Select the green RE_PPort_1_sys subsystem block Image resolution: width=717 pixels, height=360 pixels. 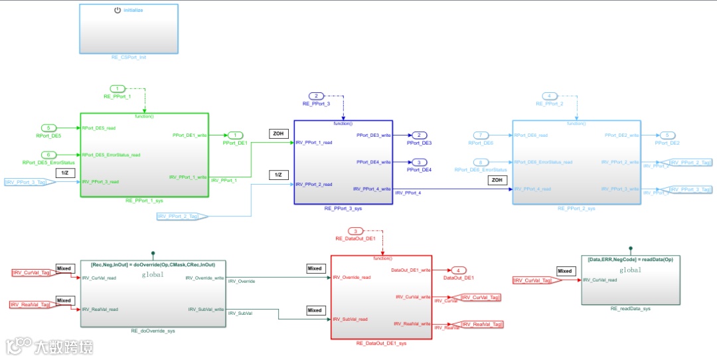144,155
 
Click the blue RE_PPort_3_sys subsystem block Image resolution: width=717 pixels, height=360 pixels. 343,162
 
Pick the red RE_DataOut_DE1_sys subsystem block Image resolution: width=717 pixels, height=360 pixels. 381,297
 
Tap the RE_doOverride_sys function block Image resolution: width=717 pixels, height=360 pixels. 153,294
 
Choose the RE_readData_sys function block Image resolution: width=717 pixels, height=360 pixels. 630,280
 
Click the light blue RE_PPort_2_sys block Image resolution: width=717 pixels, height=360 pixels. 576,162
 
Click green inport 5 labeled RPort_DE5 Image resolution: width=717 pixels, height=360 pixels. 48,128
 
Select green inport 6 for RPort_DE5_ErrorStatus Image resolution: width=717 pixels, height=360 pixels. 48,155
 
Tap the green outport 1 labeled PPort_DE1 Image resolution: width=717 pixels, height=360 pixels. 235,135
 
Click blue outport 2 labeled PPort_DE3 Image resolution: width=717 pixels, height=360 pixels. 419,135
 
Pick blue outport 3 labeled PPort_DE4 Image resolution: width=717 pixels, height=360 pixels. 419,162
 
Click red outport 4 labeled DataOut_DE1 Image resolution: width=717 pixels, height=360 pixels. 458,270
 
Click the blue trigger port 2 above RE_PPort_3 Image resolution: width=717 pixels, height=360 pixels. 316,96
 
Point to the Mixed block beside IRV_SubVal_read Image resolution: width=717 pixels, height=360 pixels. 315,310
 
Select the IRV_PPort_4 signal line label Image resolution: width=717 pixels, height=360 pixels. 408,193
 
